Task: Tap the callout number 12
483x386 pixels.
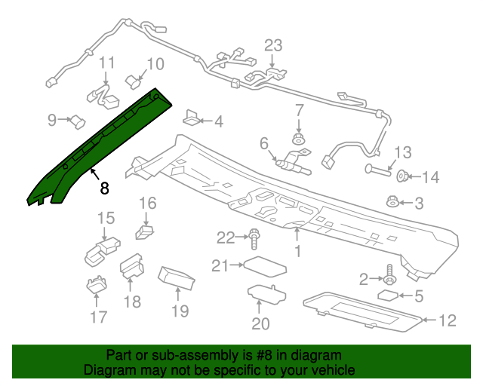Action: click(448, 321)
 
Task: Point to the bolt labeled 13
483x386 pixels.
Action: click(379, 168)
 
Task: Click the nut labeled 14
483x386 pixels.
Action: click(403, 178)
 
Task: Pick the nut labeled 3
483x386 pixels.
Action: click(392, 201)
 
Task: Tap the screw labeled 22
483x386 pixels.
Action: click(255, 240)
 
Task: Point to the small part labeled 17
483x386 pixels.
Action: click(94, 286)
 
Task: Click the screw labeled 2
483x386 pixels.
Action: click(390, 272)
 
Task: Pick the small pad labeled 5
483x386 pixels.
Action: click(387, 295)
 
